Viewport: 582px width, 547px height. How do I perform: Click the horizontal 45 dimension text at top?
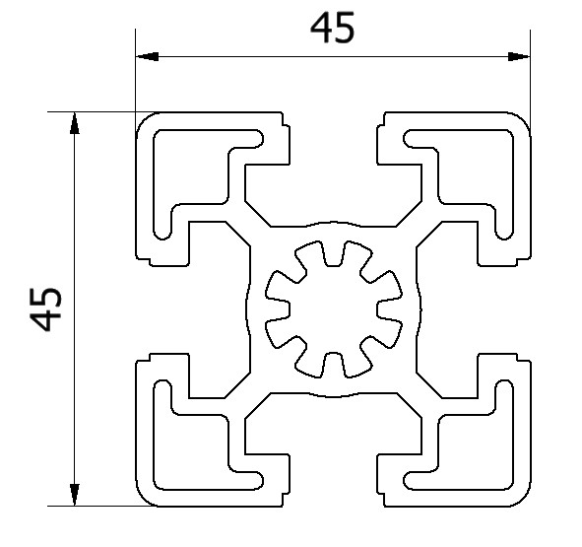point(332,28)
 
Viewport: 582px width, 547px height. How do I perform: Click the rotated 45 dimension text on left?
point(45,308)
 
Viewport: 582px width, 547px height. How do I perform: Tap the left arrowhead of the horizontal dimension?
point(148,56)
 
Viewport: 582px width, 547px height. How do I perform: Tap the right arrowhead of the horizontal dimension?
point(519,56)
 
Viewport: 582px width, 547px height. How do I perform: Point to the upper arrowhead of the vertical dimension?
point(75,123)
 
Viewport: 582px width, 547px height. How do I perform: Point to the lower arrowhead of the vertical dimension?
point(75,495)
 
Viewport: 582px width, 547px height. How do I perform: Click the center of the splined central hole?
point(333,309)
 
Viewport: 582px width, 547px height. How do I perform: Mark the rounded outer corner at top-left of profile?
point(143,119)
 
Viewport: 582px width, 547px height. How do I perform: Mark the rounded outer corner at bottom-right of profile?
point(525,500)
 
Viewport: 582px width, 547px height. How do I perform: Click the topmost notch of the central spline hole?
point(333,253)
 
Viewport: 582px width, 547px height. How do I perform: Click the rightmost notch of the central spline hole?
point(390,309)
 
